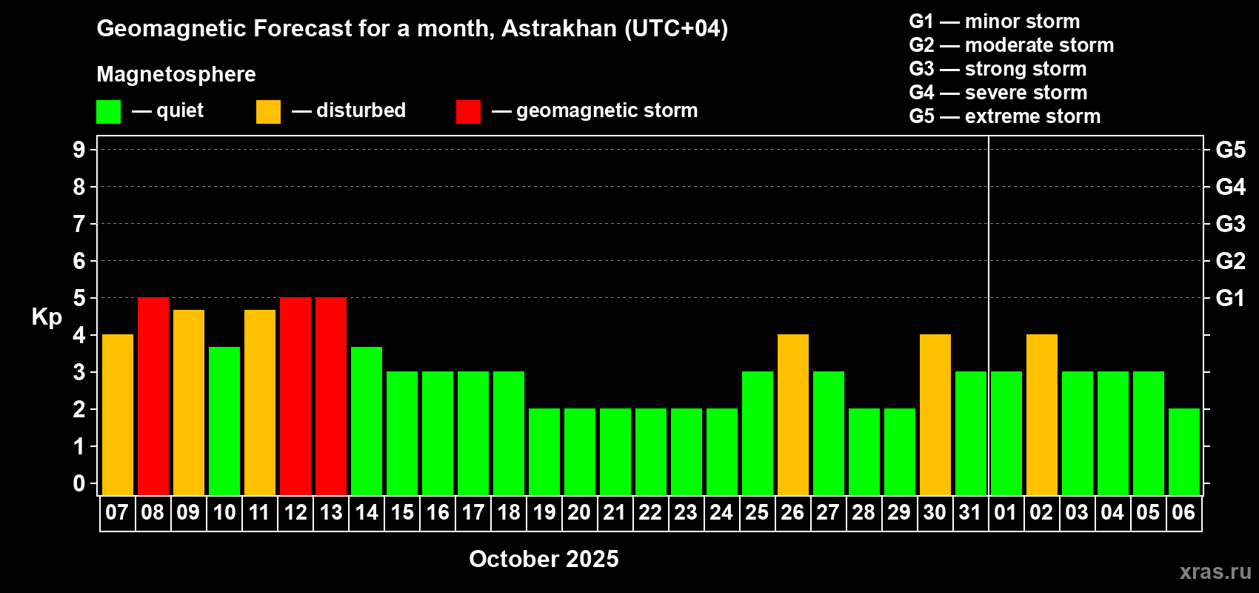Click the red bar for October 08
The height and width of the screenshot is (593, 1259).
click(153, 396)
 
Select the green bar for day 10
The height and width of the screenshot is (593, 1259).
click(224, 421)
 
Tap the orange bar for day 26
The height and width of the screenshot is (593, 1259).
click(793, 414)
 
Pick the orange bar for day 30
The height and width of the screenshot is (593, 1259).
click(935, 414)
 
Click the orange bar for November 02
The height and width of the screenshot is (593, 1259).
click(1042, 414)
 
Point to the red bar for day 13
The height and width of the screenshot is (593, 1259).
click(331, 396)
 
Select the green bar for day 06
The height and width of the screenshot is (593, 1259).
click(1184, 451)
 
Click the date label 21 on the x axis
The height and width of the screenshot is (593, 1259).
click(615, 512)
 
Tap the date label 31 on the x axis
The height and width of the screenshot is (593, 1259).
click(970, 512)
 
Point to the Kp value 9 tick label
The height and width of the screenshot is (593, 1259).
click(79, 150)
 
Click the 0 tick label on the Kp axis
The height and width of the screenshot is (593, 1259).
click(79, 483)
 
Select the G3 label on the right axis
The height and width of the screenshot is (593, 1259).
click(1230, 224)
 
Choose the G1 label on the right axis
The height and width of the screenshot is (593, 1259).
click(1230, 298)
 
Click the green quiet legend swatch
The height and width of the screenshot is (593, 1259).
click(108, 111)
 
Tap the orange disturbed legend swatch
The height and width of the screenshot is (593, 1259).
click(268, 111)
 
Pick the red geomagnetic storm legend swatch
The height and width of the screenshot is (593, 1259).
click(468, 111)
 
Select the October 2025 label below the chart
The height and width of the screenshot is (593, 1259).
click(544, 559)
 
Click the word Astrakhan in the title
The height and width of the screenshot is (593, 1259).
click(558, 28)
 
